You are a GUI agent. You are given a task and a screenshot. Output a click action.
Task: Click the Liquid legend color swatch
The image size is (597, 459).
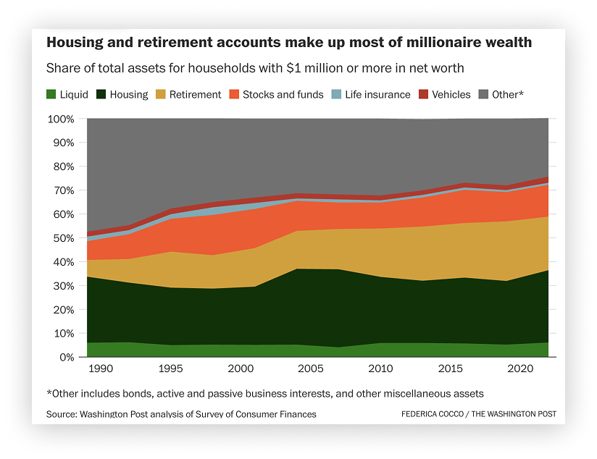51,94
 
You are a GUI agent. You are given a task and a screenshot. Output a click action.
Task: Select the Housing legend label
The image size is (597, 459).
129,94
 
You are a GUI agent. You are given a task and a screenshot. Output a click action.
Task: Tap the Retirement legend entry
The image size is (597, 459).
188,94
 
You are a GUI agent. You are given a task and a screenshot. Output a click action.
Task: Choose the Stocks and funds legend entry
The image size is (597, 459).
277,94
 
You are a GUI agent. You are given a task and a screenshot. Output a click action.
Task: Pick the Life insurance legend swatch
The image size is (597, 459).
337,94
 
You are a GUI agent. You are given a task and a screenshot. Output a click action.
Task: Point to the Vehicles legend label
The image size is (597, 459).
451,94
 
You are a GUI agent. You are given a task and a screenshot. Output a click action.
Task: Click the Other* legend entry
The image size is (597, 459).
501,94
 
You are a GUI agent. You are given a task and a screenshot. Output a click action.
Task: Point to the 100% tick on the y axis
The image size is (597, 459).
61,119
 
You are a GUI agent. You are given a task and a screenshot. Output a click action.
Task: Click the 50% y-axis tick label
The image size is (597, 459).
64,238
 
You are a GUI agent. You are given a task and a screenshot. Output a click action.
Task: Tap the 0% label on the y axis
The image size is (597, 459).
67,358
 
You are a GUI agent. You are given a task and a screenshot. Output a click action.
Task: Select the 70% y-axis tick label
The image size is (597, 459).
64,190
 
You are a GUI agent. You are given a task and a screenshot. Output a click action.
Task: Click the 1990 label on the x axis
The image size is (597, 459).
101,369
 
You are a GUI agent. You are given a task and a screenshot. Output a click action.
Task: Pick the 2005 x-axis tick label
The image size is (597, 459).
311,369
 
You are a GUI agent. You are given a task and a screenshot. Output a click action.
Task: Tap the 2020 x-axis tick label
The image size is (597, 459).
520,369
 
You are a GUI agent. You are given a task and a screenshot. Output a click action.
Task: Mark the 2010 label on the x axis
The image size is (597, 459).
380,369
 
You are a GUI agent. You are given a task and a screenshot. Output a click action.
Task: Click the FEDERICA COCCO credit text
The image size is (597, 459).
433,413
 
